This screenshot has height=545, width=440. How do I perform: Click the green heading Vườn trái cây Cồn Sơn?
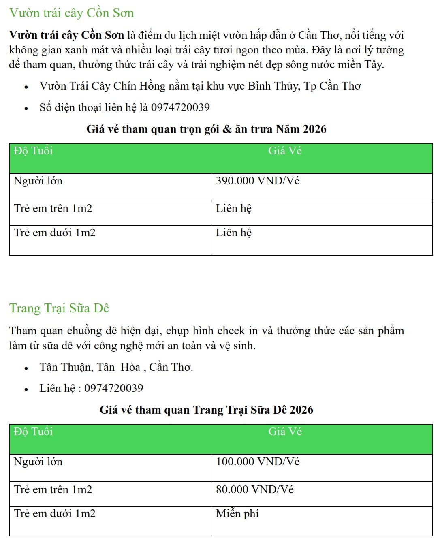pos(71,13)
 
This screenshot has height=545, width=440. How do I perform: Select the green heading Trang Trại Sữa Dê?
pos(59,308)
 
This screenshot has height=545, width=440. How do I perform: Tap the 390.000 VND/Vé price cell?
pos(258,181)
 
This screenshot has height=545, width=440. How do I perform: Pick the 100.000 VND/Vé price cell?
pos(258,462)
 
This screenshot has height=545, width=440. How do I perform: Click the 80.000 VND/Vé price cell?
pos(254,489)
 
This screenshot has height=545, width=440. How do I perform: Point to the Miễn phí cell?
pos(237,514)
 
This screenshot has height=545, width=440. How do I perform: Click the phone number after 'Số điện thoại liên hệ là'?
pos(180,107)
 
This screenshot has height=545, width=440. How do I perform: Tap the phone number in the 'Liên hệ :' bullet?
pos(114,388)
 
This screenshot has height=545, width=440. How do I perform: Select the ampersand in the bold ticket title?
pos(227,129)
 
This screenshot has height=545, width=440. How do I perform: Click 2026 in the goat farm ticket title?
pos(301,410)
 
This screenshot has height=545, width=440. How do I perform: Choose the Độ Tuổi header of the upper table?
pos(33,151)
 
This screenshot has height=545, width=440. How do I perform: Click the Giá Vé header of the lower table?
pos(285,432)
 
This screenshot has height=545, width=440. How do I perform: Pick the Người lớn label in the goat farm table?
pos(38,462)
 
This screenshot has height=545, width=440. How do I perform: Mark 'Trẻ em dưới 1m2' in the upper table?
pos(55,233)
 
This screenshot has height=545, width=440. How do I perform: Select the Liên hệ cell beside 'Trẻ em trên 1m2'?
pos(234,209)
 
